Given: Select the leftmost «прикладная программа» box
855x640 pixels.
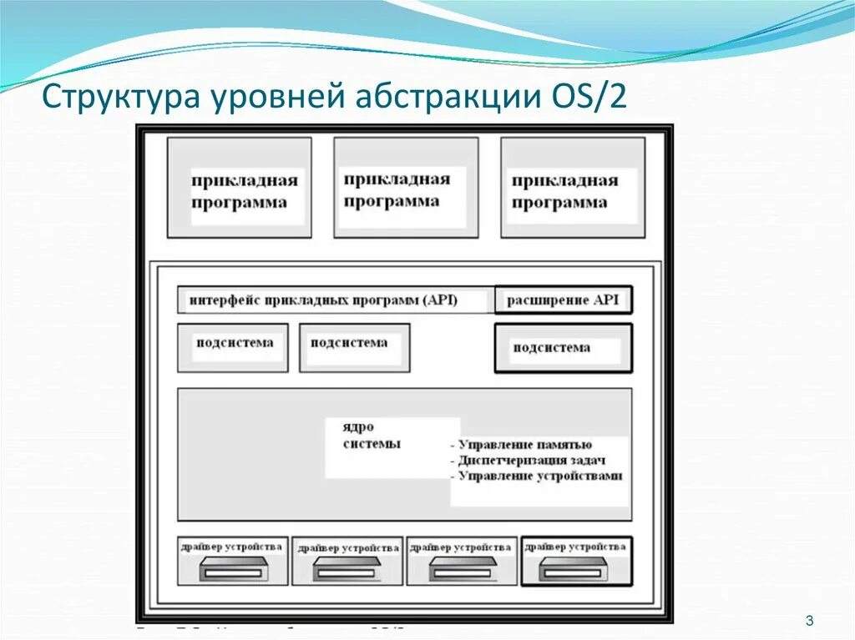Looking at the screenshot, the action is coord(240,188).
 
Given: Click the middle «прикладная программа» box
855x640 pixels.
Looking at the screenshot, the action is coord(406,188).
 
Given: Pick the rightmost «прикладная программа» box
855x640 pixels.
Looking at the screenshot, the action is coord(573,188).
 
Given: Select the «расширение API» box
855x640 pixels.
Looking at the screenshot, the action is coord(563,300).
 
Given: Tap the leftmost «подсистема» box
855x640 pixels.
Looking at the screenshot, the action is coord(233,347).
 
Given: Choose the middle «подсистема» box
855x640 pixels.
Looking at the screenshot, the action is coord(354,347).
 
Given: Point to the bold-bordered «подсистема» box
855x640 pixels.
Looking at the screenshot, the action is coord(563,348).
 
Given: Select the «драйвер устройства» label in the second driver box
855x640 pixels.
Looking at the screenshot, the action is coord(347,547).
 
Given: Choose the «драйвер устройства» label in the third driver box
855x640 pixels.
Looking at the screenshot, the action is coord(461,547).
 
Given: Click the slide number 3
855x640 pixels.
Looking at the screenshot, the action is coord(809,619).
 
